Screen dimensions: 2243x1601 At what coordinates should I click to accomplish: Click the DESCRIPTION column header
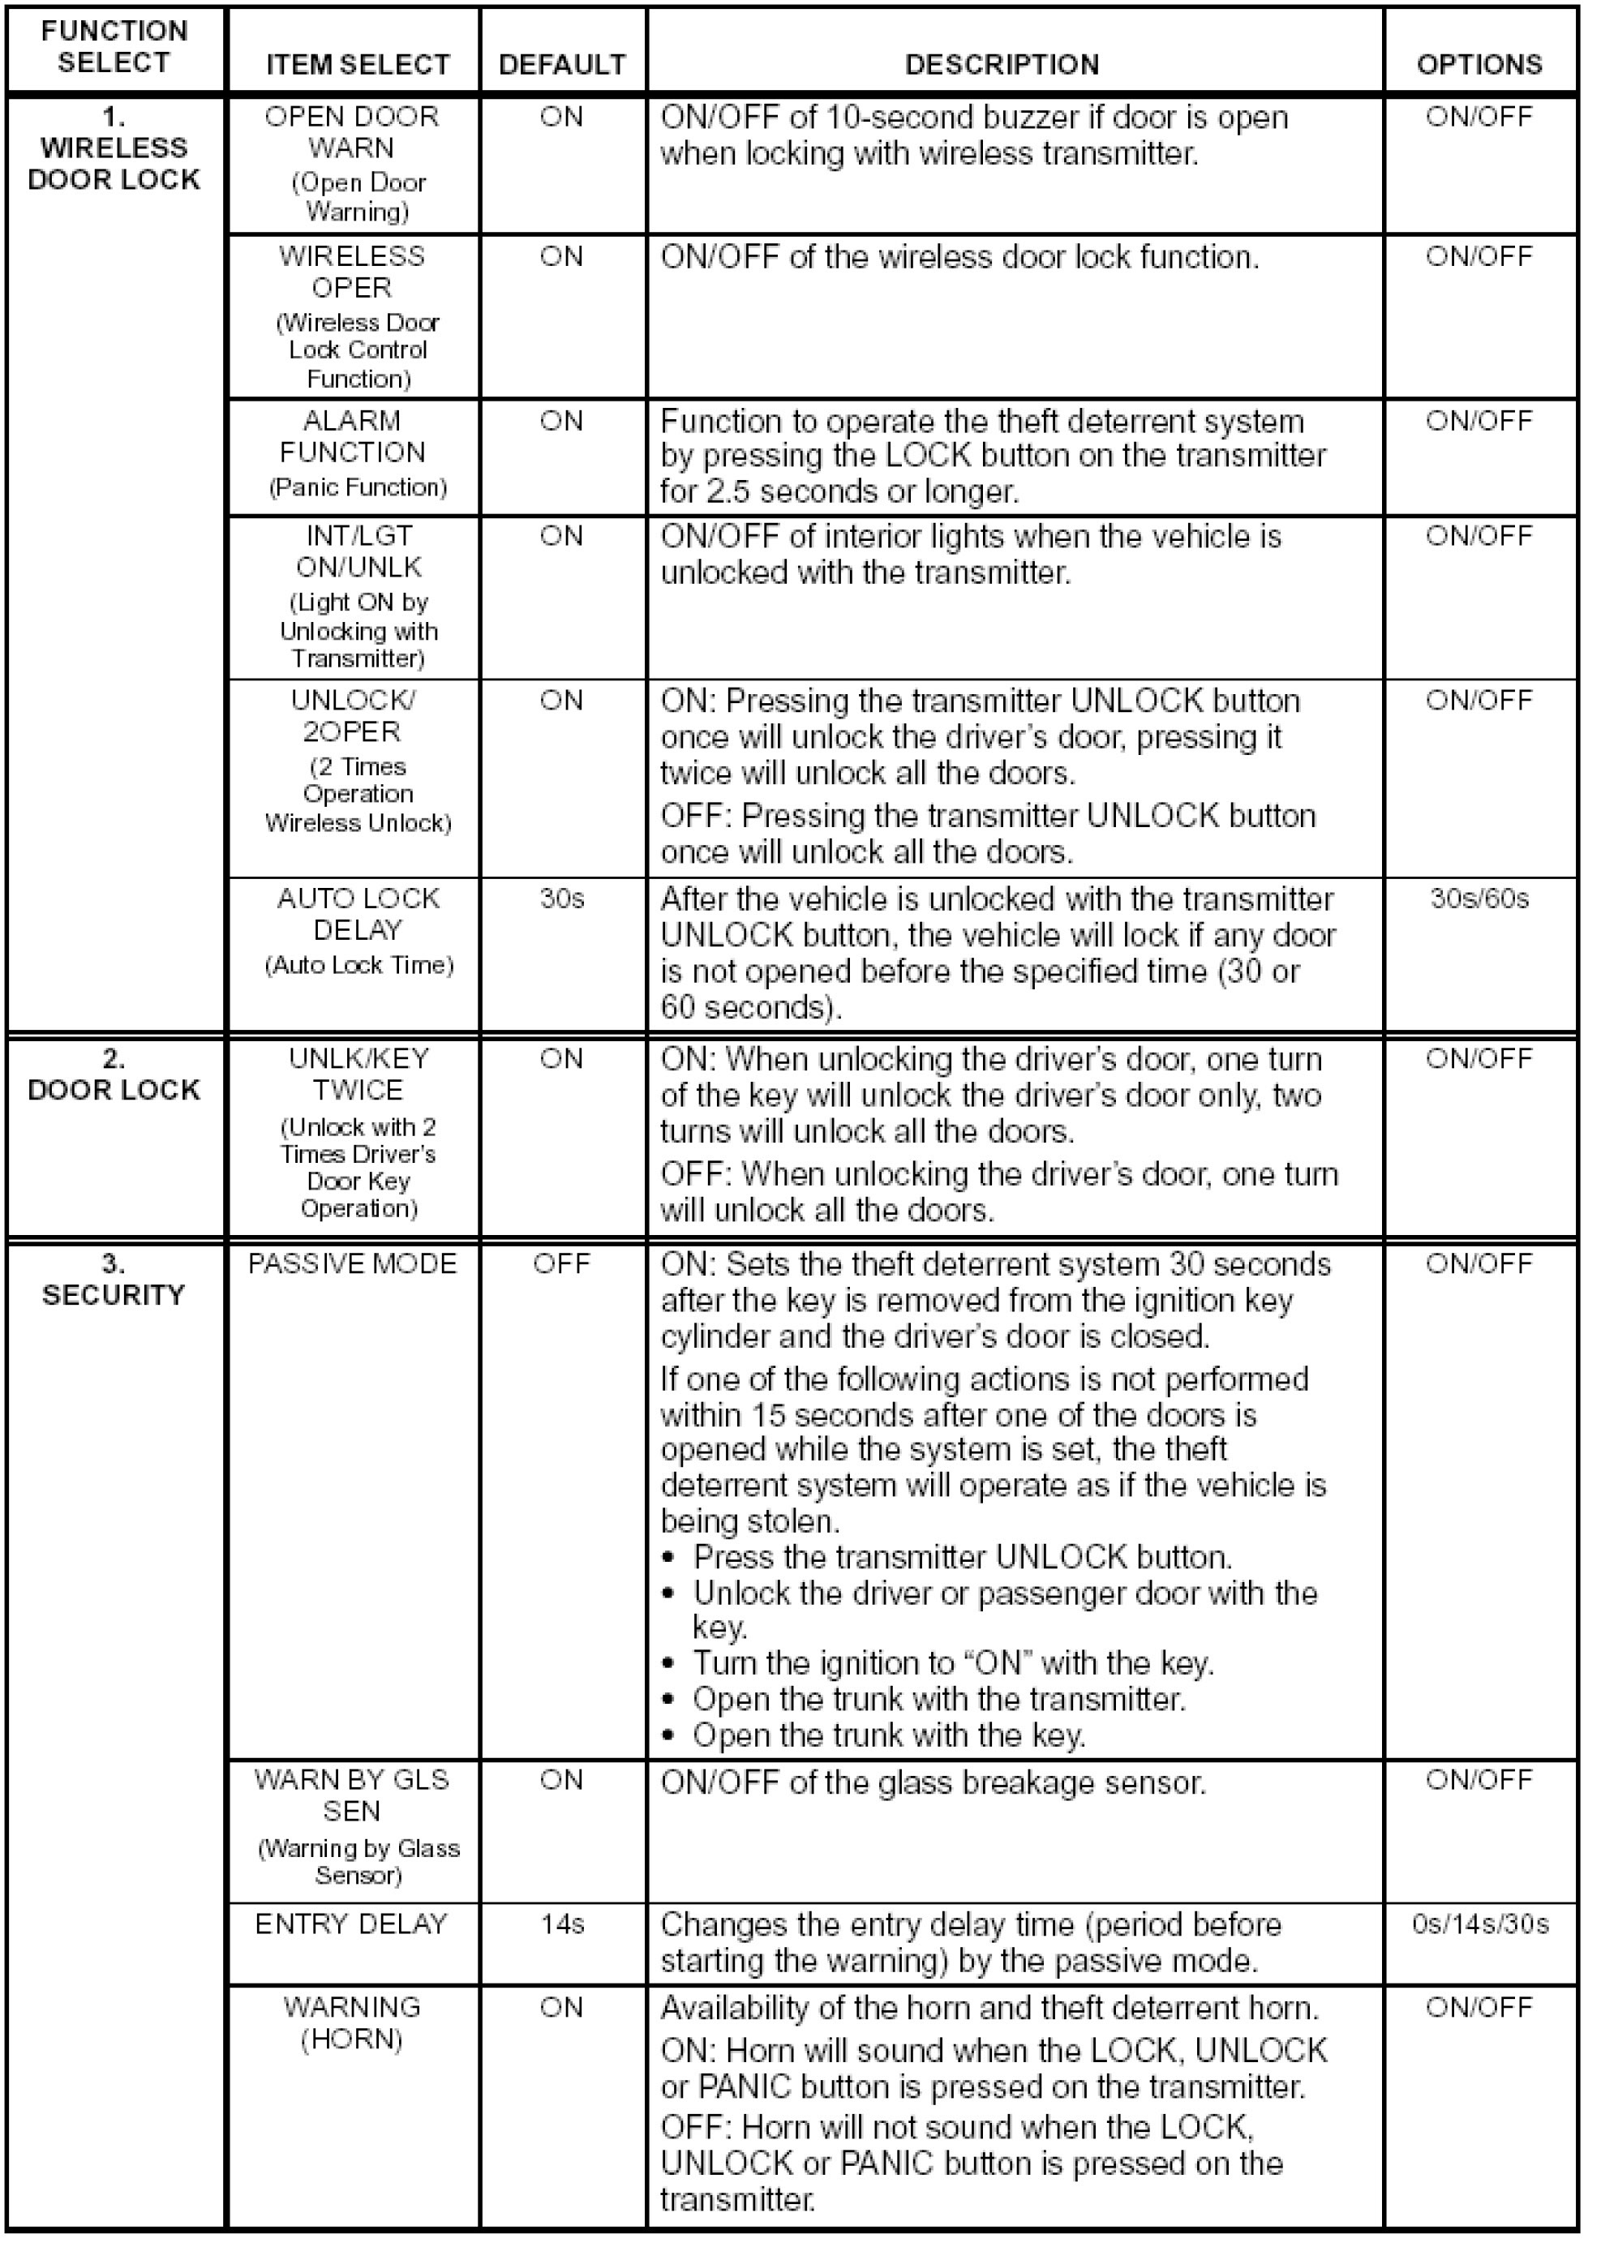[1001, 64]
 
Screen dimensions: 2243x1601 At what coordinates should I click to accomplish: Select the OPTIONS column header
[1479, 64]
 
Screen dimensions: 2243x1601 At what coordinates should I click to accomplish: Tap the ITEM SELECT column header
[357, 64]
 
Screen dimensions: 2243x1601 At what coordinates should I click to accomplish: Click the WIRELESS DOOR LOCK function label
[114, 164]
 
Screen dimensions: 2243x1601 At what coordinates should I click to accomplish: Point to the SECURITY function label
[114, 1294]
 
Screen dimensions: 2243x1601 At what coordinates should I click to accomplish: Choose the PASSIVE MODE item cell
[352, 1263]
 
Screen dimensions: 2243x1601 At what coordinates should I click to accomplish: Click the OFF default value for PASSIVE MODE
[561, 1263]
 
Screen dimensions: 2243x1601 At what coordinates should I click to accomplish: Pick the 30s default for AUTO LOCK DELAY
[562, 898]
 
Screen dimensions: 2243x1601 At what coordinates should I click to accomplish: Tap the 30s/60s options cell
[1479, 898]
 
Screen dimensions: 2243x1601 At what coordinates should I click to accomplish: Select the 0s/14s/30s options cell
[1479, 1923]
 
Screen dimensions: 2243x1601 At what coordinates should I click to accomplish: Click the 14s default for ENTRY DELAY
[562, 1923]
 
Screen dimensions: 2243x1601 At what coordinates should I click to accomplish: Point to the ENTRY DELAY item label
[351, 1923]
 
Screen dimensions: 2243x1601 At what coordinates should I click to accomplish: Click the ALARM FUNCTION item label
[352, 436]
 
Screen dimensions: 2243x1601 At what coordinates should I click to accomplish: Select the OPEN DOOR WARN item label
[352, 132]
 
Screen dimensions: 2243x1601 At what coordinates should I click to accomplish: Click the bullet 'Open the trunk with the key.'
[887, 1735]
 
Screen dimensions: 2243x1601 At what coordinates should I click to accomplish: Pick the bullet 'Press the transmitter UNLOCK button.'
[961, 1557]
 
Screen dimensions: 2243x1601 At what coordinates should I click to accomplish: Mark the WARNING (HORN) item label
[352, 2022]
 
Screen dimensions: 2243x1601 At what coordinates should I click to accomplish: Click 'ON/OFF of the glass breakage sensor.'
[933, 1782]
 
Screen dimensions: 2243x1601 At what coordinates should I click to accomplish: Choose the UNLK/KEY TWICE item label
[358, 1074]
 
